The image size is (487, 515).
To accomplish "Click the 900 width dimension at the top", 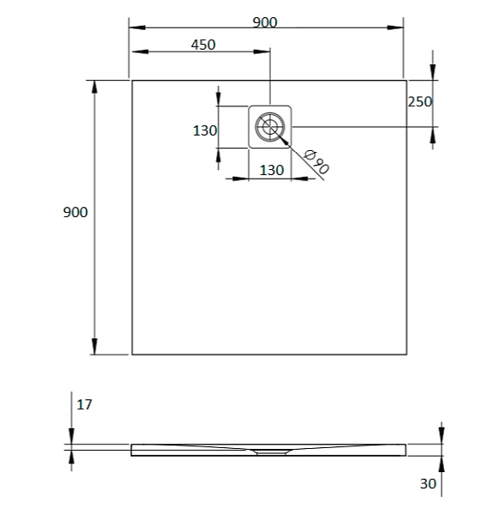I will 265,22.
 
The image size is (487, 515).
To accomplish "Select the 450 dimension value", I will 202,45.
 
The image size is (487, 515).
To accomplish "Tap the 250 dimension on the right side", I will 419,101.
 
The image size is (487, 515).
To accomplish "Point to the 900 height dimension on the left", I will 75,212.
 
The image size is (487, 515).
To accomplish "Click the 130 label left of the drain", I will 204,130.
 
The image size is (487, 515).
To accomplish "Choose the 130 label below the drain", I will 272,170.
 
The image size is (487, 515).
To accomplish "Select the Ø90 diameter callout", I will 316,161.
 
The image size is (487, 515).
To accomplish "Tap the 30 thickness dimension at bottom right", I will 429,484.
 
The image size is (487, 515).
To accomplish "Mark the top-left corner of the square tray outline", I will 132,81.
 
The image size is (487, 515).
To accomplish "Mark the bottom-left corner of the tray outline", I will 132,354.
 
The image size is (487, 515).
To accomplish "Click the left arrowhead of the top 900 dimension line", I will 134,27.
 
